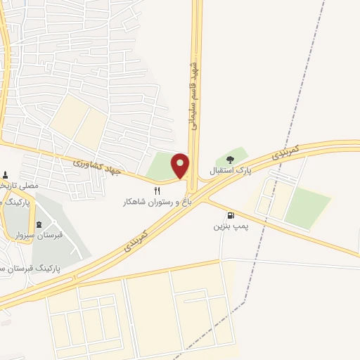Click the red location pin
pos(180,166)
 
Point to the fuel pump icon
pos(230,216)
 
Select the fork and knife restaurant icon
pos(157,191)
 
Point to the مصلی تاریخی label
pos(18,186)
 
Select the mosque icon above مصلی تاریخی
pos(6,175)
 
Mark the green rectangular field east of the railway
pos(307,208)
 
